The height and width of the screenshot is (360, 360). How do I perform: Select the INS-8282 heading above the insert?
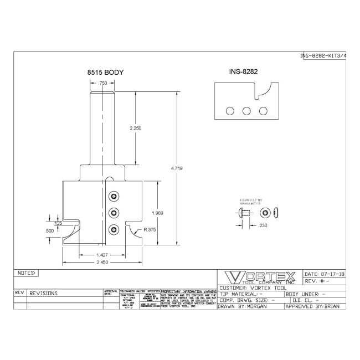click(244, 72)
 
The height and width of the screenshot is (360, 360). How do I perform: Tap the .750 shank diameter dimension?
click(102, 83)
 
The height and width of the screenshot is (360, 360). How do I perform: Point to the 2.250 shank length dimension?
click(135, 128)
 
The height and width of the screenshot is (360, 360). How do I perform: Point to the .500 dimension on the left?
click(50, 230)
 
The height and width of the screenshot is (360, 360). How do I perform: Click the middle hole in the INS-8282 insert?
click(245, 110)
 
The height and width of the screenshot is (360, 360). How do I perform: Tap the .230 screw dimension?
click(263, 225)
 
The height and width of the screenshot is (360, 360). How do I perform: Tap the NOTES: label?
click(27, 273)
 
